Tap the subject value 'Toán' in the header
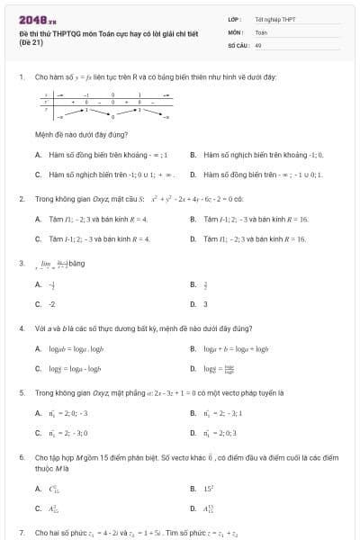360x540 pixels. pyautogui.click(x=261, y=31)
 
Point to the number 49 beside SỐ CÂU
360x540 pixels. pyautogui.click(x=258, y=44)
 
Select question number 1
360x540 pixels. pyautogui.click(x=21, y=77)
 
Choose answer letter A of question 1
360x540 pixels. pyautogui.click(x=38, y=155)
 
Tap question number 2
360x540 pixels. pyautogui.click(x=21, y=198)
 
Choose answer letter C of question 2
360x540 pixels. pyautogui.click(x=38, y=238)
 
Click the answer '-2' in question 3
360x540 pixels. pyautogui.click(x=51, y=303)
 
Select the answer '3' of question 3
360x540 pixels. pyautogui.click(x=205, y=303)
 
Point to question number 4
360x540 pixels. pyautogui.click(x=21, y=328)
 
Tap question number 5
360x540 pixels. pyautogui.click(x=21, y=393)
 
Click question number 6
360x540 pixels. pyautogui.click(x=21, y=457)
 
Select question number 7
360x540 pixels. pyautogui.click(x=21, y=533)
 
